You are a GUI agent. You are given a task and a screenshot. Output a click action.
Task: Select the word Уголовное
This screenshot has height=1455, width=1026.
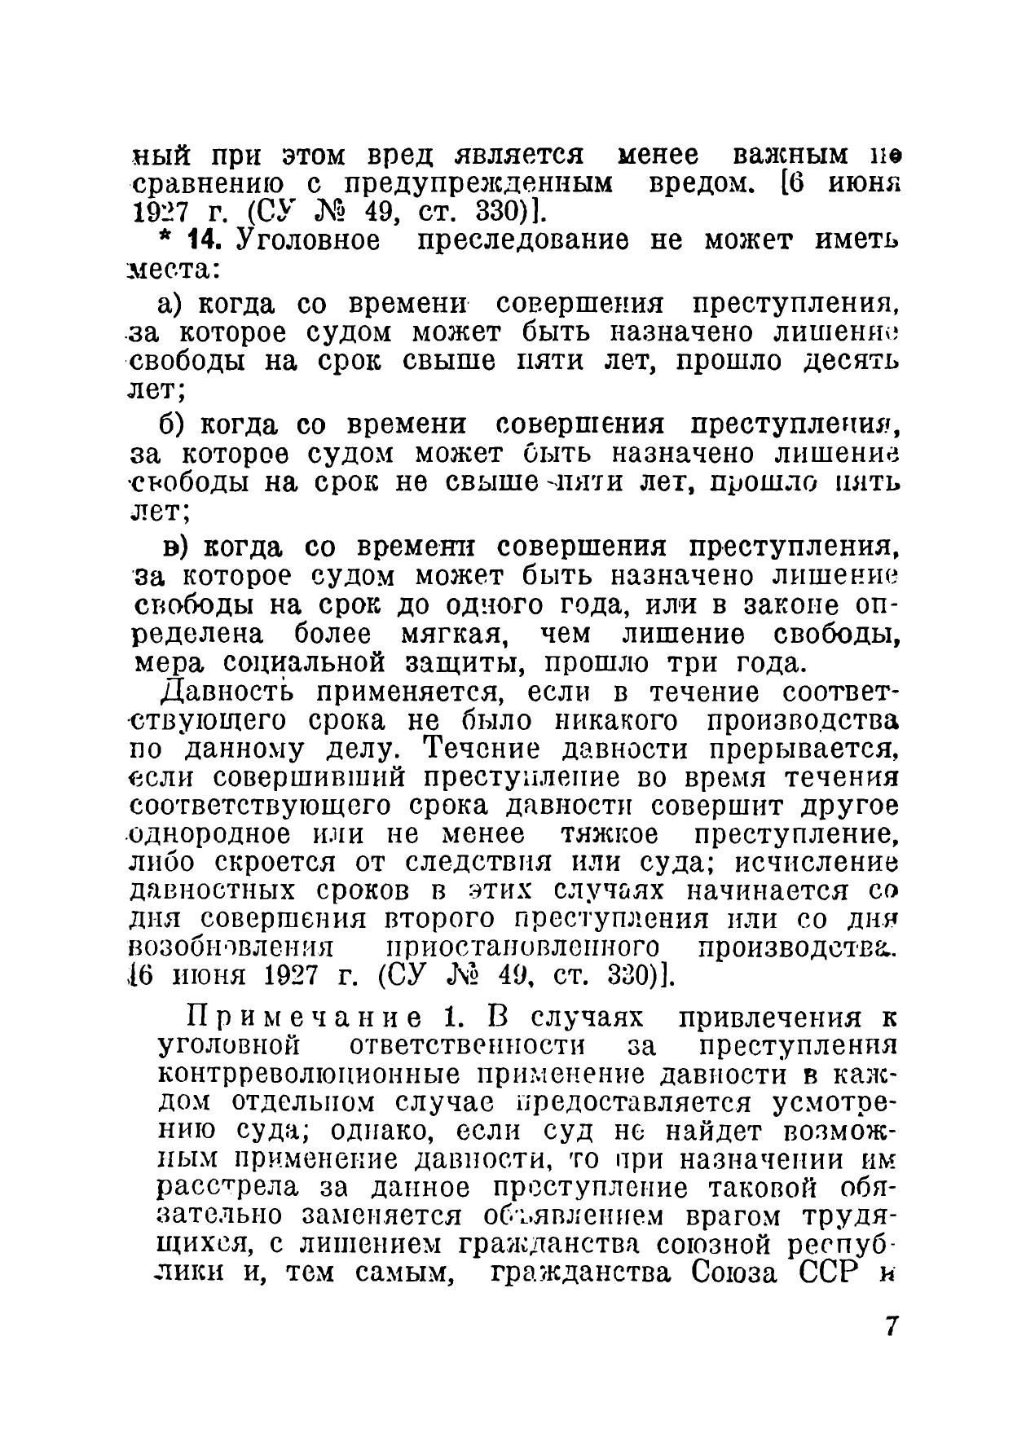(x=306, y=242)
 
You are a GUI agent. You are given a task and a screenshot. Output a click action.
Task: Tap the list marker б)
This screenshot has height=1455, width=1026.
(x=173, y=425)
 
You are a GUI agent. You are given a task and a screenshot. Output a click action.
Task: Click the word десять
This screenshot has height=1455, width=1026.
(x=851, y=363)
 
